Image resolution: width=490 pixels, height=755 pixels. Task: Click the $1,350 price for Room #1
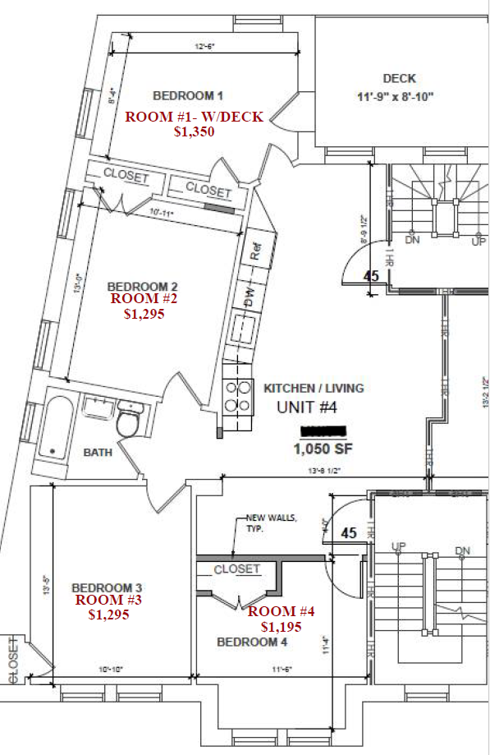pyautogui.click(x=194, y=131)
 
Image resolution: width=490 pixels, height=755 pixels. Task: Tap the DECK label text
pyautogui.click(x=399, y=79)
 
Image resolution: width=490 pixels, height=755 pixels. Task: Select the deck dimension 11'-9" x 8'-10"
pyautogui.click(x=396, y=96)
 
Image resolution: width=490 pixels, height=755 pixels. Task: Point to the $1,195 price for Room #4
pyautogui.click(x=280, y=627)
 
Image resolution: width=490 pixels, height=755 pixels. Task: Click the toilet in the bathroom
pyautogui.click(x=130, y=423)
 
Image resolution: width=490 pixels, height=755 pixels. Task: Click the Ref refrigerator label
pyautogui.click(x=255, y=252)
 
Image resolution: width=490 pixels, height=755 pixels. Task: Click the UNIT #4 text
pyautogui.click(x=308, y=407)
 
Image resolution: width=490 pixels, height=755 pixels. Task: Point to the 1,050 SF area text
pyautogui.click(x=323, y=449)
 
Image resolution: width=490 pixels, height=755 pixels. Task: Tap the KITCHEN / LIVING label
pyautogui.click(x=314, y=388)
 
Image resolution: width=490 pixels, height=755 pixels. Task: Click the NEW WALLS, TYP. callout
pyautogui.click(x=275, y=524)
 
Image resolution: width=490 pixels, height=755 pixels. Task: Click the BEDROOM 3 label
pyautogui.click(x=108, y=587)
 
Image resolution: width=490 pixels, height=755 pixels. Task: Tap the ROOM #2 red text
pyautogui.click(x=144, y=299)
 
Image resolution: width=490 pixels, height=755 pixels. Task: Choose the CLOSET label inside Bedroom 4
pyautogui.click(x=236, y=569)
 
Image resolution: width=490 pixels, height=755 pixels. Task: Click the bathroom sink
pyautogui.click(x=98, y=408)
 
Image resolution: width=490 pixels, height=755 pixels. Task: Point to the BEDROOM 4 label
pyautogui.click(x=251, y=642)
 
